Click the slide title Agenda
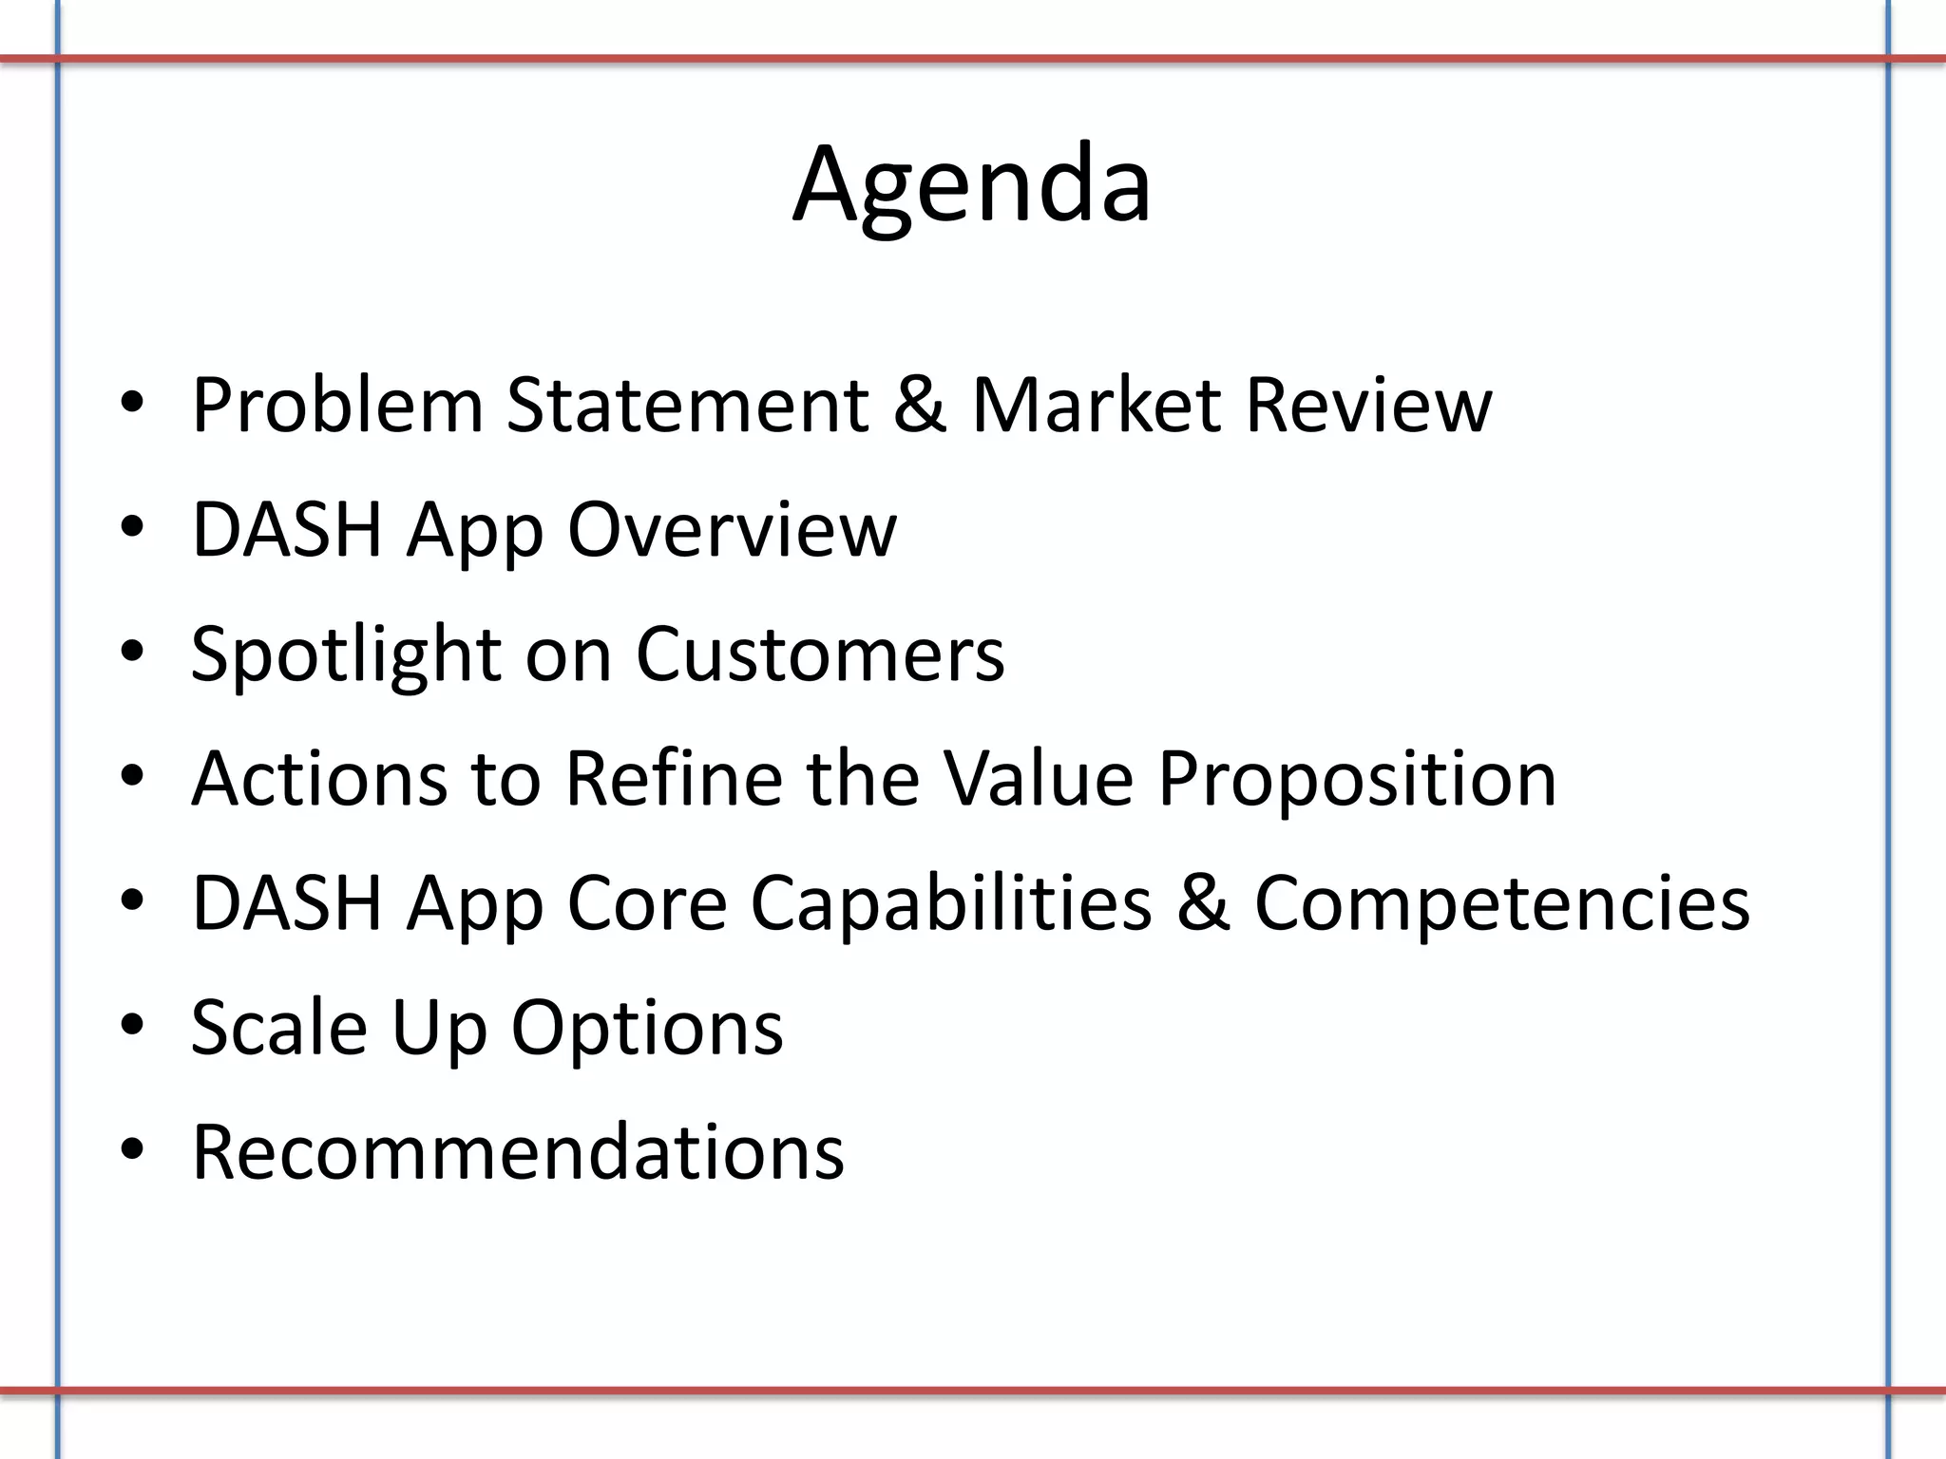click(x=972, y=185)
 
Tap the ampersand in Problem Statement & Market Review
click(x=920, y=406)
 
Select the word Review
click(x=1368, y=406)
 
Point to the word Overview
click(x=732, y=529)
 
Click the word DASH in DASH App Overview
click(x=286, y=529)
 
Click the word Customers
click(x=819, y=655)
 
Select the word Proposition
click(x=1357, y=779)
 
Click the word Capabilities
click(x=950, y=903)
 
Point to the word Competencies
click(x=1501, y=903)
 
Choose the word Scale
click(x=278, y=1028)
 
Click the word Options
click(x=647, y=1030)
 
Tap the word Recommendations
click(x=518, y=1152)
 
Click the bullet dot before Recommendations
click(x=132, y=1150)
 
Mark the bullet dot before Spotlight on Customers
click(x=132, y=653)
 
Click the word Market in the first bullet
click(x=1096, y=406)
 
